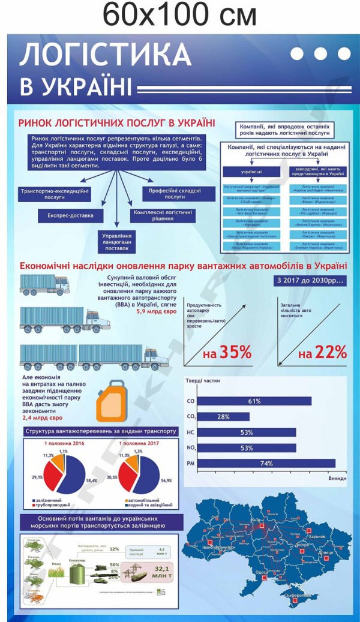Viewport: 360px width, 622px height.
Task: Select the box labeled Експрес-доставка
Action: (71, 214)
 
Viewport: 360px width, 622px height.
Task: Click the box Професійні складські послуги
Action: (170, 193)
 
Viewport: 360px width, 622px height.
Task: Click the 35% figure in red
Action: (227, 353)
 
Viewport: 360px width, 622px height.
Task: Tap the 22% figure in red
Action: (323, 353)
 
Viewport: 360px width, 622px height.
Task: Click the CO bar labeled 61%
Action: (254, 401)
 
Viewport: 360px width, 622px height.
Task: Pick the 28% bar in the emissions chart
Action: (224, 416)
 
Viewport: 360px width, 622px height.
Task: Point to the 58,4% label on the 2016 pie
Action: (91, 480)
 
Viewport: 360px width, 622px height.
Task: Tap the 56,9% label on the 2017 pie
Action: (166, 480)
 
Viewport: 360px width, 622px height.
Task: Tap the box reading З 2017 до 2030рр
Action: (310, 280)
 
